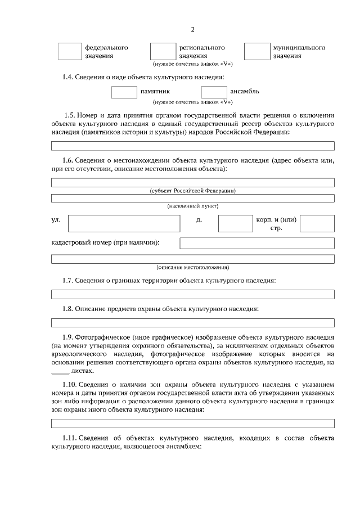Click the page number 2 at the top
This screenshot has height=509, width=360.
click(x=192, y=29)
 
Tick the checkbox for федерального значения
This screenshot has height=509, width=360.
click(x=70, y=52)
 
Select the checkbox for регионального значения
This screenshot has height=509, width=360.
click(x=163, y=52)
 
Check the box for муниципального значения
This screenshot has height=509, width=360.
click(x=256, y=52)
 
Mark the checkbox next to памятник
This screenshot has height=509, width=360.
click(x=124, y=92)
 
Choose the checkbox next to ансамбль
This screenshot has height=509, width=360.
click(x=214, y=92)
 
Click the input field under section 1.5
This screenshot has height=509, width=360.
click(x=192, y=146)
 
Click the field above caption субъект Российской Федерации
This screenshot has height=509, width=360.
click(x=192, y=182)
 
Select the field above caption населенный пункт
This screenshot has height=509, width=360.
click(x=192, y=198)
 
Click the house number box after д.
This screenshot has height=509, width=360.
click(x=235, y=223)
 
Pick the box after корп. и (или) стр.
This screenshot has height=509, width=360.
click(x=317, y=223)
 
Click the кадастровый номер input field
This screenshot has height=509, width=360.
click(x=256, y=243)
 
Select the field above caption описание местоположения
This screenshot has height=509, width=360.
click(x=192, y=259)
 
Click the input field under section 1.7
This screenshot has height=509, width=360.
click(x=192, y=294)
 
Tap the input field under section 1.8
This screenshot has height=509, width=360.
click(x=192, y=323)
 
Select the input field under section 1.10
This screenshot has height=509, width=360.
click(x=192, y=424)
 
